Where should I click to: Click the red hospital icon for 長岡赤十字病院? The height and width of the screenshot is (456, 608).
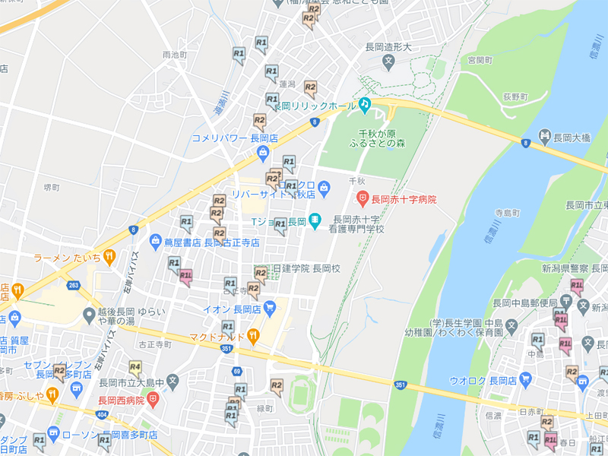point(363,199)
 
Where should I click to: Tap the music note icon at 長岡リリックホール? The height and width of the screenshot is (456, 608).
point(365,104)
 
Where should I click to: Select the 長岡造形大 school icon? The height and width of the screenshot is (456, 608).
point(388,60)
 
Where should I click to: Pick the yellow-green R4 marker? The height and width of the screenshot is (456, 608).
point(135,369)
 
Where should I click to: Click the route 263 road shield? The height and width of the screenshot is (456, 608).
point(73,286)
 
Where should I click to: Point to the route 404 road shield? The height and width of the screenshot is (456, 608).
point(103,415)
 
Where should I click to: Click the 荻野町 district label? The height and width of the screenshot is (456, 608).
point(515,97)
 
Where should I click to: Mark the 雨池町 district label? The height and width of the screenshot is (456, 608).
point(174,55)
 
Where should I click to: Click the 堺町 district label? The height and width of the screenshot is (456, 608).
point(52,186)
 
